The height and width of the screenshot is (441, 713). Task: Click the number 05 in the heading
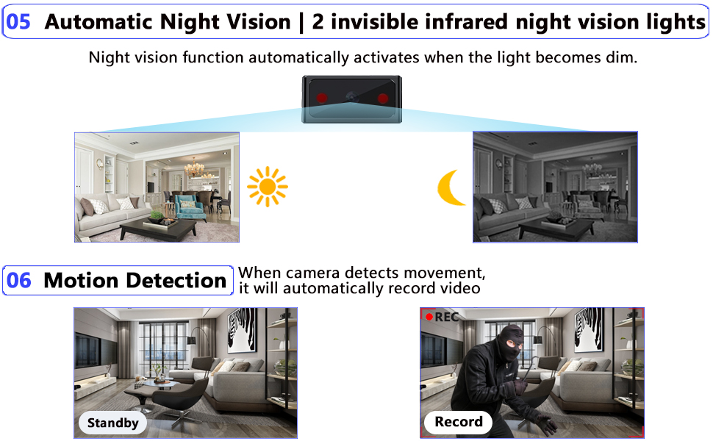(x=18, y=21)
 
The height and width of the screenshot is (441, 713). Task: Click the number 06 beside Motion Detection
(x=19, y=280)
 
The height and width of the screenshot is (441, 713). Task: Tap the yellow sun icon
(x=267, y=187)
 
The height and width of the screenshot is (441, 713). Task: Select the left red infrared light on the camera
(x=322, y=98)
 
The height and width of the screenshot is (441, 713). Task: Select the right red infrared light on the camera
(x=382, y=98)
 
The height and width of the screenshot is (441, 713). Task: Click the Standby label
(x=112, y=423)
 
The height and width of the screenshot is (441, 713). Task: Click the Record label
(x=459, y=422)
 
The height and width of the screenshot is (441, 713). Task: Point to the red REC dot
(x=429, y=317)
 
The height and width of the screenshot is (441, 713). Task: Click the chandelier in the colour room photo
(x=195, y=168)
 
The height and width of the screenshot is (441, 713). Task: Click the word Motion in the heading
(x=82, y=280)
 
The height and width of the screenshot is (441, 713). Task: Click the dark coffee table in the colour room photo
(x=157, y=229)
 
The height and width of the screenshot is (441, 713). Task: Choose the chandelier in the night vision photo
(x=592, y=168)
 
